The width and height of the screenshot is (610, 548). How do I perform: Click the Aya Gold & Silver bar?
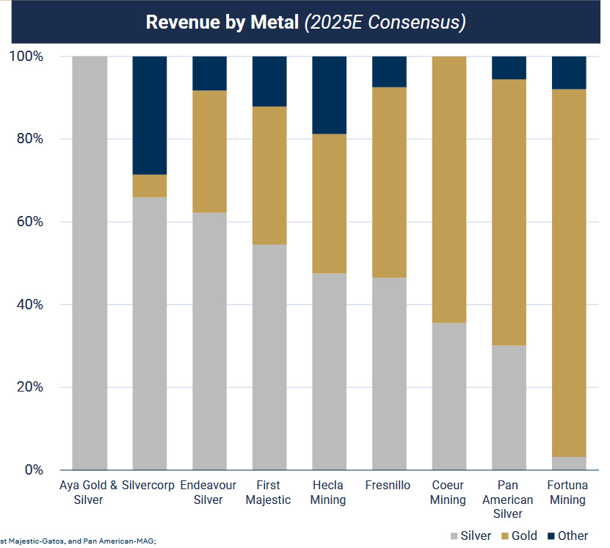coord(90,263)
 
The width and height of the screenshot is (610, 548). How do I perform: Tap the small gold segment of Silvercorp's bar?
coord(150,186)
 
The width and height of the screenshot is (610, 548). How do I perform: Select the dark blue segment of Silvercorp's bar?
coord(150,115)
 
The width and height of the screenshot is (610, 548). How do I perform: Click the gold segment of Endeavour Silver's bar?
coord(209,151)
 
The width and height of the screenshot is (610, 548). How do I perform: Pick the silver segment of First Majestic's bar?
coord(269,357)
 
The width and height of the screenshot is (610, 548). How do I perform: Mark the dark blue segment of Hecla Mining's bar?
coord(330,95)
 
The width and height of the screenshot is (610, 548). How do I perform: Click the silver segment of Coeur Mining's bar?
coord(449,396)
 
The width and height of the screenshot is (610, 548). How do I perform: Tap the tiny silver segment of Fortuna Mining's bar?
coord(569,464)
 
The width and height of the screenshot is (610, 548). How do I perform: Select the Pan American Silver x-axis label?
coord(509,500)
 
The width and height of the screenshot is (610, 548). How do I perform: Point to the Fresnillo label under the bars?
coord(389,486)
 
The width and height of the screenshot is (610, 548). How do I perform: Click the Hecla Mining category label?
coord(330,492)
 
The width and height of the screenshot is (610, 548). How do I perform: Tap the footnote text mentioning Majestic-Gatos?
coord(78,541)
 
